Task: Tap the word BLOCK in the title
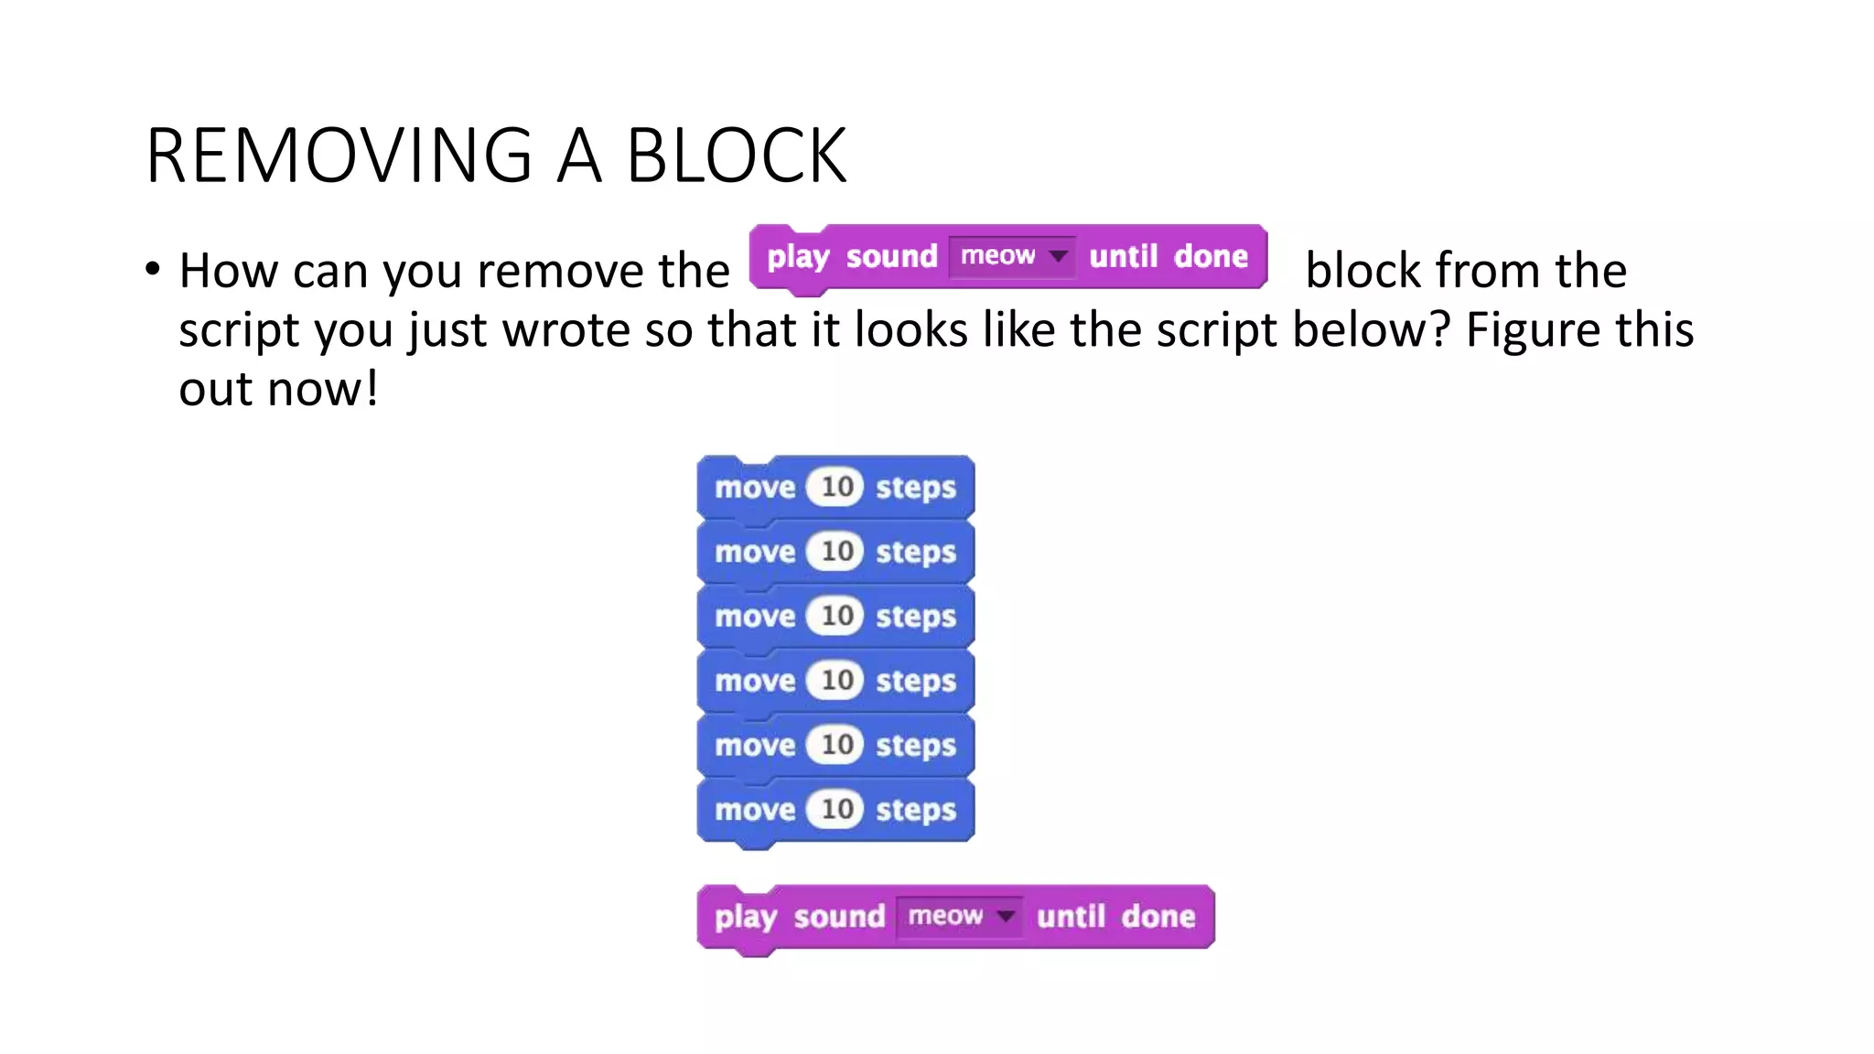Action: pos(737,156)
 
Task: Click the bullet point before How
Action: pos(153,269)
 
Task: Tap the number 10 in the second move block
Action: pos(836,552)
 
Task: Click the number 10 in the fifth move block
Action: pos(836,745)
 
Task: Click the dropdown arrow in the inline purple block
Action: pos(1058,255)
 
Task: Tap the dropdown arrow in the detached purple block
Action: pos(1006,916)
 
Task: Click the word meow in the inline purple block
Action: pos(997,255)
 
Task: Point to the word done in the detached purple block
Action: pos(1158,917)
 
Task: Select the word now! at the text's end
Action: pos(323,389)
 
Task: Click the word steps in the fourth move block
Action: pos(915,682)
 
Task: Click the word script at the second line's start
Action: pos(239,331)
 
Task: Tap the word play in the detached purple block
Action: pos(745,917)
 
